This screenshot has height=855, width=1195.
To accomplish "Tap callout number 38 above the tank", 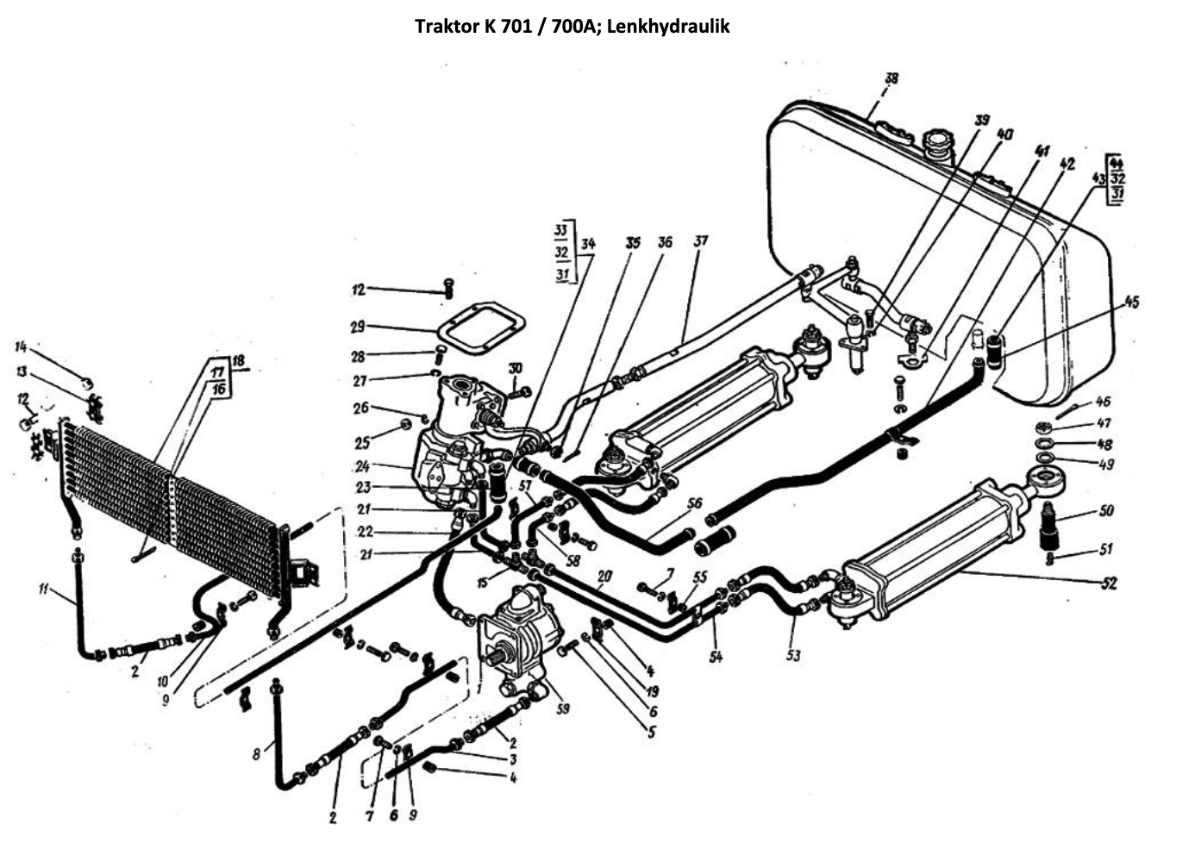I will click(891, 78).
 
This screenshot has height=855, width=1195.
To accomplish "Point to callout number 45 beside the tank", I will click(1131, 302).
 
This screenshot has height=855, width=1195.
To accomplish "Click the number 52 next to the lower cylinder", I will click(1108, 584).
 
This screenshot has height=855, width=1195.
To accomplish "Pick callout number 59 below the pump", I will click(563, 709).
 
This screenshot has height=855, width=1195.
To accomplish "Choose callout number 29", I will click(358, 327).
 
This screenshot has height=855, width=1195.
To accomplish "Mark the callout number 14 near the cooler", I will click(21, 346).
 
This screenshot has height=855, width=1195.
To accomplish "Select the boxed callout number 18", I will click(238, 359).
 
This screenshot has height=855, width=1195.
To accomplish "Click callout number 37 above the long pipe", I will click(700, 240).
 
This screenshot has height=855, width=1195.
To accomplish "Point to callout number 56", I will click(695, 503).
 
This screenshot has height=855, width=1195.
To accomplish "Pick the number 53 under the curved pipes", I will click(793, 655).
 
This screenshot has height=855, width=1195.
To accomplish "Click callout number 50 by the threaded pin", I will click(1106, 510).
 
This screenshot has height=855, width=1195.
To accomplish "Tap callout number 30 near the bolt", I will click(515, 369).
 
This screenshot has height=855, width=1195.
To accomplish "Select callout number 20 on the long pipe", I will click(604, 576).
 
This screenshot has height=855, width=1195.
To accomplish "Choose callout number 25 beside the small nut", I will click(363, 443).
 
